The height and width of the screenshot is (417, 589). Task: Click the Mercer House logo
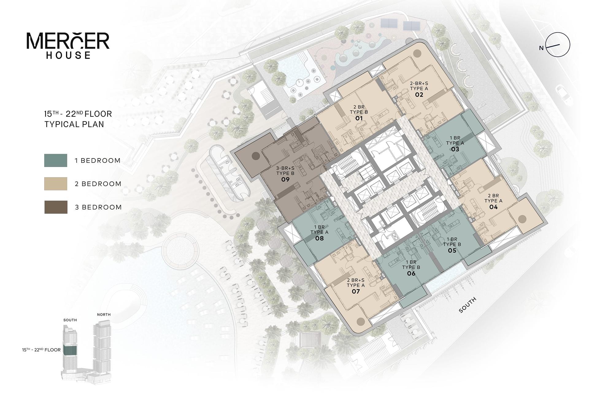coord(68,45)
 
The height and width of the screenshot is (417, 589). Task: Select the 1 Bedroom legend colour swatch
coord(56,160)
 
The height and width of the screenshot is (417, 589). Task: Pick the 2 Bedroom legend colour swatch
coord(56,184)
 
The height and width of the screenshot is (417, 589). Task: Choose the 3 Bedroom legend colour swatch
coord(56,207)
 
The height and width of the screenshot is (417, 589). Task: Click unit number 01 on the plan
coord(359,118)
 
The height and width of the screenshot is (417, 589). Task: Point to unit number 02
coord(419,95)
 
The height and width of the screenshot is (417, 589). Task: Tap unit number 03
coord(455,149)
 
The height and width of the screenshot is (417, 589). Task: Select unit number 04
coord(493,207)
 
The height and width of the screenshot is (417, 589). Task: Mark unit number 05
coord(452,251)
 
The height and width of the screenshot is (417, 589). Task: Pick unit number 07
coord(356,291)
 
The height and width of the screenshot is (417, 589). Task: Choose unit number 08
coord(319,238)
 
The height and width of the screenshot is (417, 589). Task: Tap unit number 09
coord(285,179)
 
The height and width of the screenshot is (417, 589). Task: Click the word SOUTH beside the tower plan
coord(468,305)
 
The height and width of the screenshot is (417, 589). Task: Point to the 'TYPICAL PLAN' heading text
coord(74,124)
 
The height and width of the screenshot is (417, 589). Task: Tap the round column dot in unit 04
coord(522,219)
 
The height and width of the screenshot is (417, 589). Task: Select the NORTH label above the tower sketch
coord(104,315)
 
